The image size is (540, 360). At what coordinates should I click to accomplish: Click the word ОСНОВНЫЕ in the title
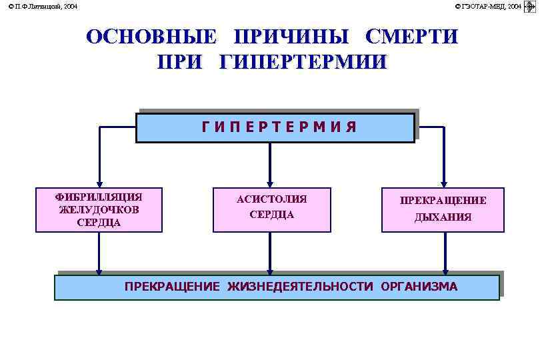[x=151, y=37]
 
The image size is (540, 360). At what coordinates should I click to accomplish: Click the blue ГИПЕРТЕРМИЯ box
[x=275, y=127]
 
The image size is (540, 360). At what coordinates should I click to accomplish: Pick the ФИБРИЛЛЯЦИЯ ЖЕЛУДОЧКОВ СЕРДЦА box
[x=99, y=209]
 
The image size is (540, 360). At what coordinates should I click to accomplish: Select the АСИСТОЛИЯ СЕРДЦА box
[x=271, y=209]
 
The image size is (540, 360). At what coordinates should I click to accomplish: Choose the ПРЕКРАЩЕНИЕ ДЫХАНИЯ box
[x=443, y=209]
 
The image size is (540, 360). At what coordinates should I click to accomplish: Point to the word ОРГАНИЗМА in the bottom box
[x=419, y=287]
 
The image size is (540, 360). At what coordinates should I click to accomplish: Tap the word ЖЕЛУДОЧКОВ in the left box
[x=99, y=209]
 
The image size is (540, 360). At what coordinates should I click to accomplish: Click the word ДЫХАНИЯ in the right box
[x=443, y=217]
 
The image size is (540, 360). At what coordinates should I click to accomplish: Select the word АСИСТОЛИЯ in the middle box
[x=271, y=199]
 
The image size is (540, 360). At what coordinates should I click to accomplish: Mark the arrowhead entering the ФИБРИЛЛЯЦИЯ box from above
[x=99, y=183]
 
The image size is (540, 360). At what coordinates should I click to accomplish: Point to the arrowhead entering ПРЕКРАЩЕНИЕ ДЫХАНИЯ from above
[x=443, y=183]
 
